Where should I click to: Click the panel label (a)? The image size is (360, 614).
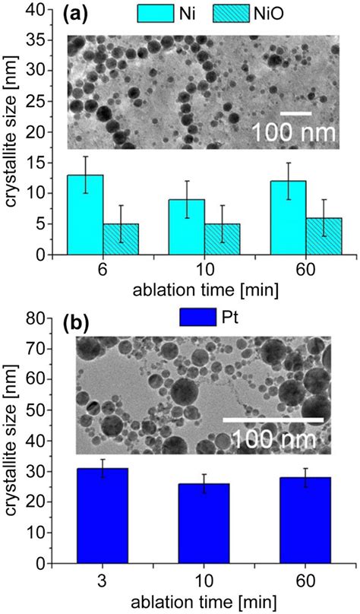[x=78, y=14]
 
